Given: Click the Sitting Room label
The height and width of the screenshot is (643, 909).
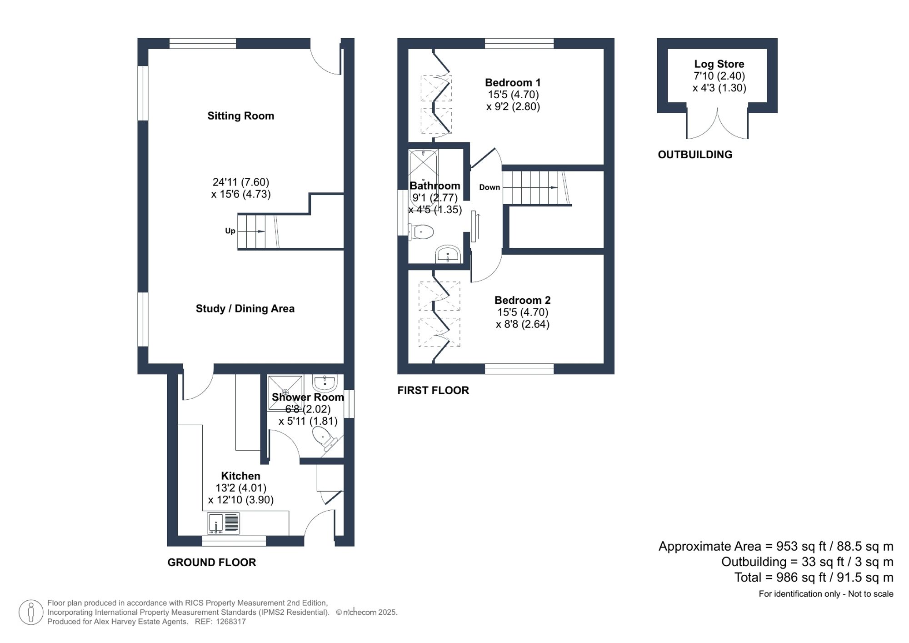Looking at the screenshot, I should coord(240,116).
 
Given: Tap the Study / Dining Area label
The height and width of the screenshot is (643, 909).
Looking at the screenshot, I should coord(245,309).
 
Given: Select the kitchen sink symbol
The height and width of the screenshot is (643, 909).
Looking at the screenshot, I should coord(223,523).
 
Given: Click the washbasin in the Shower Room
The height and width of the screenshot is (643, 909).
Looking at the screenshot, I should coord(325,383).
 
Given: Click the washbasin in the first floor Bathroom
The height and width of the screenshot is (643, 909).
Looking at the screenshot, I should coord(448,255).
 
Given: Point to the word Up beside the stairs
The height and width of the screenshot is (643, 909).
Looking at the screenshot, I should coord(230,231).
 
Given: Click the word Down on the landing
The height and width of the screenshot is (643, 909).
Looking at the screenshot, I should coord(489,187).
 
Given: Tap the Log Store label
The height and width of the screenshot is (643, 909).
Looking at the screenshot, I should coord(719,64).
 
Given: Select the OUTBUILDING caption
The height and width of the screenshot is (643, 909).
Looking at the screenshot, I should coord(695,155).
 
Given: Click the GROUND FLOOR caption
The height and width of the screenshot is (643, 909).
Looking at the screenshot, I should coord(212,563).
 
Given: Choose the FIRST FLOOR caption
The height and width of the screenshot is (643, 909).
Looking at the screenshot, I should coord(433,391).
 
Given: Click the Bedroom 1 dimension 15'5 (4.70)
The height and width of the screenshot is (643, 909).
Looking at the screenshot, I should coord(513,95).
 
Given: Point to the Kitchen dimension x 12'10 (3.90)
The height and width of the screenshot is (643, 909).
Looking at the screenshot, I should coord(241,500).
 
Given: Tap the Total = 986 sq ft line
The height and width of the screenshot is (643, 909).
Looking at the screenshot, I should coord(814,578).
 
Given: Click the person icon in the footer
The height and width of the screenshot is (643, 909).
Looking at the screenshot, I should coord(31,612).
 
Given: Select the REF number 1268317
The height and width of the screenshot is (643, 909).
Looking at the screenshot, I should coord(231,622).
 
